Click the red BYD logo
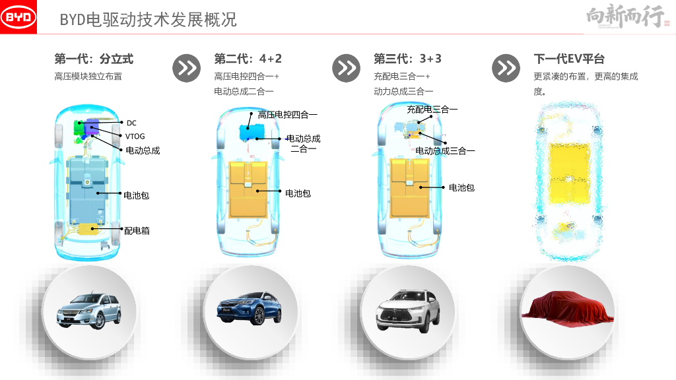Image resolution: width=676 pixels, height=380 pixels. (18, 16)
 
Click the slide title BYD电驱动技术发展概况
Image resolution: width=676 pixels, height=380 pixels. (149, 20)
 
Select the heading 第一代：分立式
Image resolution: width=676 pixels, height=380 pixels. (94, 59)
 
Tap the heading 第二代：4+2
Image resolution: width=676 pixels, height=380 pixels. (248, 59)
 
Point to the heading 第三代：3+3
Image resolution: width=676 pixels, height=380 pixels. (407, 59)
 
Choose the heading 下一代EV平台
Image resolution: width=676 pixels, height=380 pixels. (569, 59)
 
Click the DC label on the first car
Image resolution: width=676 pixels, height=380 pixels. (131, 123)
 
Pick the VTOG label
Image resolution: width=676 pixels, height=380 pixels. (135, 136)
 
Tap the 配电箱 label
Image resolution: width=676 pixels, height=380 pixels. (137, 231)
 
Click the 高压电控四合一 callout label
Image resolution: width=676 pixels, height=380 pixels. (288, 115)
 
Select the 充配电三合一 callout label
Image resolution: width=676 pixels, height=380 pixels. (432, 110)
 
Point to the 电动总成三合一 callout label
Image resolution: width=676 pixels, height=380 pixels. (445, 151)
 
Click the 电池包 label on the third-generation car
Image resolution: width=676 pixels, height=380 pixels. (461, 187)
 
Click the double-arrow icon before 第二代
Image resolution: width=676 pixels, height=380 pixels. (187, 68)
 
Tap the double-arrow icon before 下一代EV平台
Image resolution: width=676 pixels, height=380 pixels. (506, 68)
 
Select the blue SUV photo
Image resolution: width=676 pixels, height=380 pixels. (249, 309)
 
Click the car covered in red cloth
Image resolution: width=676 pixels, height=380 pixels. (568, 307)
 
